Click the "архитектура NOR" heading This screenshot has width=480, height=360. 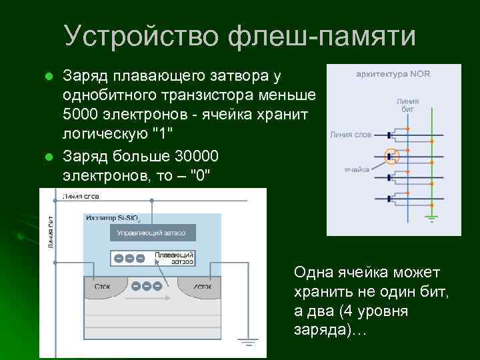coord(393,74)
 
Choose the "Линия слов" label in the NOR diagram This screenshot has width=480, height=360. coord(349,134)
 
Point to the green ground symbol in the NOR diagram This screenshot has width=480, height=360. coord(432,217)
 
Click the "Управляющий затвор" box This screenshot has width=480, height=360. coord(156,233)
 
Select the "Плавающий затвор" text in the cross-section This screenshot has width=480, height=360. coord(174,258)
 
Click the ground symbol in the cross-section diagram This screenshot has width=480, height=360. coord(249,343)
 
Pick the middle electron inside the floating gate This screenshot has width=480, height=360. coord(129,259)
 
